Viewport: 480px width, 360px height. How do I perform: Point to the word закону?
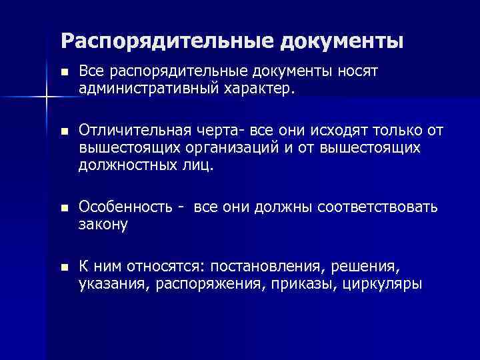pyautogui.click(x=103, y=225)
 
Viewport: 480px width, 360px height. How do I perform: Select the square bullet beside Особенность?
pyautogui.click(x=64, y=208)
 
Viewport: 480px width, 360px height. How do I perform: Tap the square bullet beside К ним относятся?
pyautogui.click(x=64, y=267)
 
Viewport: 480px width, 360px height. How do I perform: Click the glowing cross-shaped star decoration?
pyautogui.click(x=46, y=99)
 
